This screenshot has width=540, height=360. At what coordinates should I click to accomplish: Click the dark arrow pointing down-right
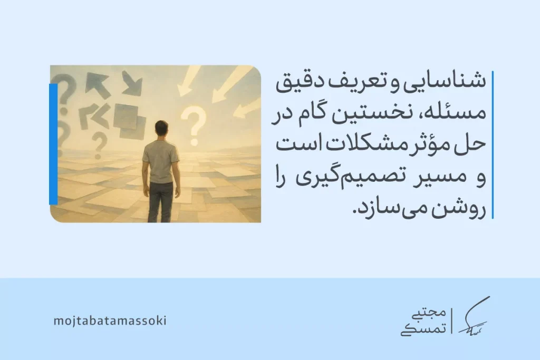pyautogui.click(x=132, y=83)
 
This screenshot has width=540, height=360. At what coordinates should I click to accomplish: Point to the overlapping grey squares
pyautogui.click(x=129, y=120)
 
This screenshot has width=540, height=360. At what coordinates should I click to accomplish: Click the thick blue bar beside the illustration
pyautogui.click(x=53, y=143)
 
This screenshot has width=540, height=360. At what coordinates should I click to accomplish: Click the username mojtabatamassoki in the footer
pyautogui.click(x=110, y=320)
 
